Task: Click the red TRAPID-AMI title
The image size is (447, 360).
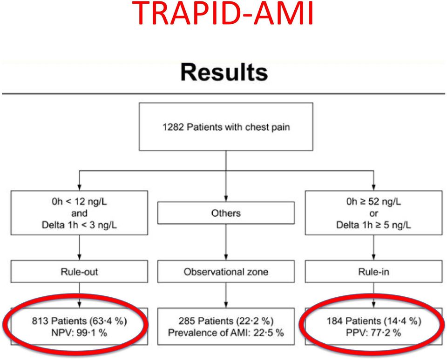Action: click(223, 13)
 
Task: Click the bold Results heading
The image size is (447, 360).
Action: click(224, 73)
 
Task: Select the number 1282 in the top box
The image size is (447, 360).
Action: click(173, 127)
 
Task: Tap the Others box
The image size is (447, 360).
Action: click(226, 213)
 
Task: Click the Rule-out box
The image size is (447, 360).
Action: click(79, 272)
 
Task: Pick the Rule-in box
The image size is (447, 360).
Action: click(373, 272)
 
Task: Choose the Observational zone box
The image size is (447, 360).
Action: click(226, 272)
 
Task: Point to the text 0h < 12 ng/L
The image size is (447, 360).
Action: click(79, 202)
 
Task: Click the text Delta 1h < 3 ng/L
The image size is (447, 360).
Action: click(79, 225)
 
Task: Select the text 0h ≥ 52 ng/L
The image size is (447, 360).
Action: click(373, 202)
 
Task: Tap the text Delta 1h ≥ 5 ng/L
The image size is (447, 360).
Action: click(373, 225)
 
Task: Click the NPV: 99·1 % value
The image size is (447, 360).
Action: click(79, 333)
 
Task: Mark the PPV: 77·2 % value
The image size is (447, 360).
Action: click(373, 333)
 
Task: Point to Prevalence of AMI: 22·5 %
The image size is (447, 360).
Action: click(226, 333)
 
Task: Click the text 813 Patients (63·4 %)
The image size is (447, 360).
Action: click(79, 321)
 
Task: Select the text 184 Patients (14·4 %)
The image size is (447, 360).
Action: click(374, 321)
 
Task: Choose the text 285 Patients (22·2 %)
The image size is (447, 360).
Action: click(226, 321)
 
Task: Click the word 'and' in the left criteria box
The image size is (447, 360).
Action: click(79, 213)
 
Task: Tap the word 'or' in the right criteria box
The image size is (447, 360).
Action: click(373, 213)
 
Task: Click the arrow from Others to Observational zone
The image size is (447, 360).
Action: click(226, 242)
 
